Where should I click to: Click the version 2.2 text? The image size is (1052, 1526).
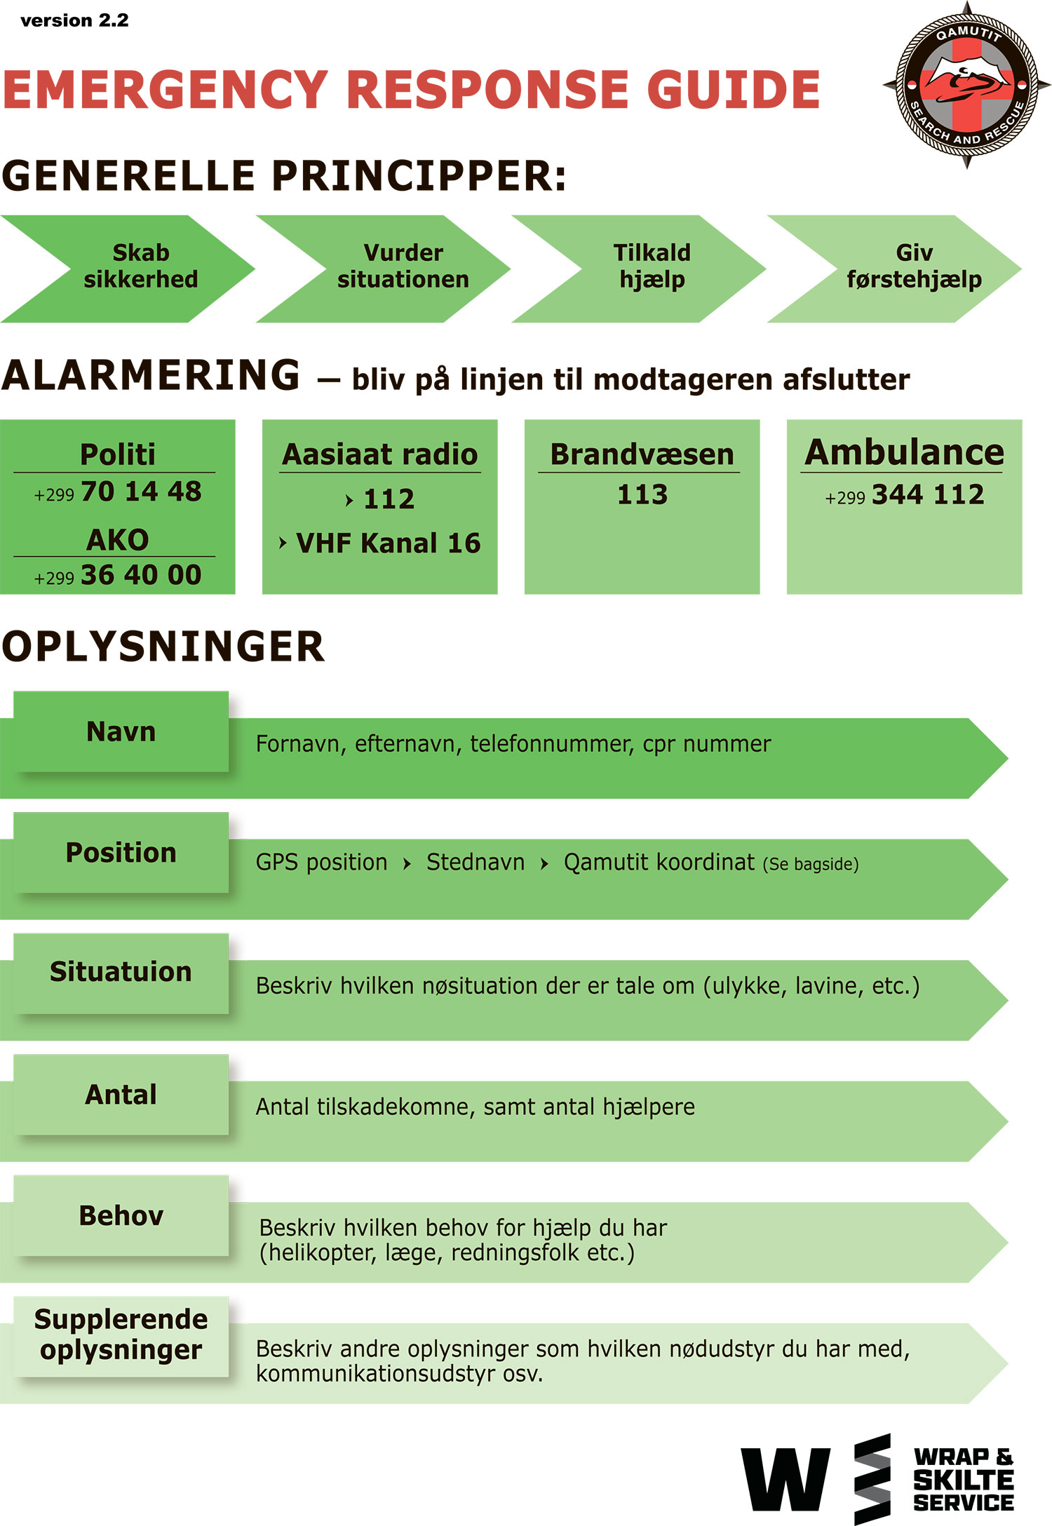pos(74,20)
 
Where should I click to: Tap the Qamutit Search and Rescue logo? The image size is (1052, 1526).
pos(966,85)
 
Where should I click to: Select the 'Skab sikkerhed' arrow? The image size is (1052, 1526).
pos(128,269)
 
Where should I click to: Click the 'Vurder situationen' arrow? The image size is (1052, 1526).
pos(383,269)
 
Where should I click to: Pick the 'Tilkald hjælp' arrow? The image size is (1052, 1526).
pos(638,269)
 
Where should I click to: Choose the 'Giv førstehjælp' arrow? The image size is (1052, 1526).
pos(894,269)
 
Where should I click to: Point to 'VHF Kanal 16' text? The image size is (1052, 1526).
pos(388,543)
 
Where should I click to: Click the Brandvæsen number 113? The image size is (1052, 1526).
pos(642,494)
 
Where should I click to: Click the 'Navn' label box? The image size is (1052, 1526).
pos(121,731)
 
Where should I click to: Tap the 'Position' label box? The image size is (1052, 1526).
pos(121,852)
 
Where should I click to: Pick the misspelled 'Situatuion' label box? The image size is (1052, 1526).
pos(121,973)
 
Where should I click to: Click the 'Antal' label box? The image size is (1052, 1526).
pos(121,1094)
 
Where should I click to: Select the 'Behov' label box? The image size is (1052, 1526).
pos(121,1215)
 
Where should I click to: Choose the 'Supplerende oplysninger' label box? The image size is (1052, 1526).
pos(121,1336)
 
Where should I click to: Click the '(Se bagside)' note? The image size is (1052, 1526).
pos(811,864)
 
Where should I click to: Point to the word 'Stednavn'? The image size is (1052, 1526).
pos(476,862)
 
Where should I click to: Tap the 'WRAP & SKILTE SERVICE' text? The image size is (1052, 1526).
pos(964,1479)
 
